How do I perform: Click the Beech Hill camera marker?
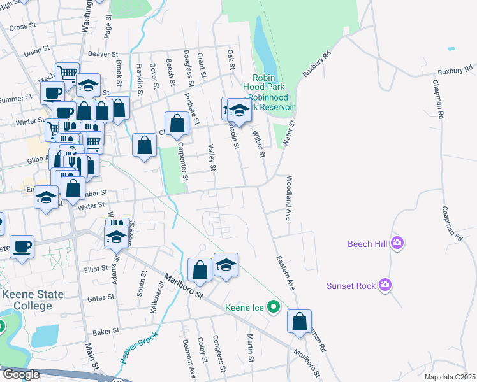coord(398,243)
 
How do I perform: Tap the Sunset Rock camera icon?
coord(384,285)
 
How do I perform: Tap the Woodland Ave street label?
coord(288,198)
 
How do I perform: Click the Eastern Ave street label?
coord(285,273)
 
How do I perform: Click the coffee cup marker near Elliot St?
coord(22,247)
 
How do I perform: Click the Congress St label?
coord(219,353)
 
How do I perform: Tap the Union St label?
coord(37,50)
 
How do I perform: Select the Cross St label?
coord(22,27)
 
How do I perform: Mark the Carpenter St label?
coord(182,160)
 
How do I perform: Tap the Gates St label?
coord(100,297)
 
